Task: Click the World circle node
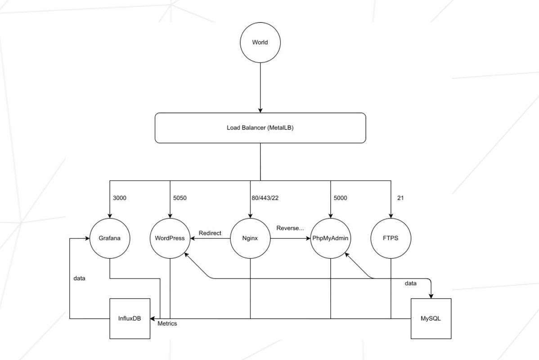[x=260, y=42]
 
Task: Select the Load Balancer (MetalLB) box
[x=260, y=128]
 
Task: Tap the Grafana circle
[x=110, y=238]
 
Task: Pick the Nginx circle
[x=250, y=238]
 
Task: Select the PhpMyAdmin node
[x=331, y=238]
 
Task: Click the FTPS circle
[x=391, y=238]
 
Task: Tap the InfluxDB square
[x=130, y=319]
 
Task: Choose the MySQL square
[x=431, y=319]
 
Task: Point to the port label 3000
[x=119, y=198]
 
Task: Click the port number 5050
[x=180, y=198]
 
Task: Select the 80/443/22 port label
[x=265, y=198]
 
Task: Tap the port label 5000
[x=340, y=198]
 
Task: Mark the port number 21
[x=400, y=198]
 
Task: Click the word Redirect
[x=210, y=233]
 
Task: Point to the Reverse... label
[x=290, y=228]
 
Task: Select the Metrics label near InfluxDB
[x=167, y=324]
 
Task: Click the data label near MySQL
[x=410, y=283]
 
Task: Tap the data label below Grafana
[x=79, y=279]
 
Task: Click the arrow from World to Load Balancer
[x=260, y=88]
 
